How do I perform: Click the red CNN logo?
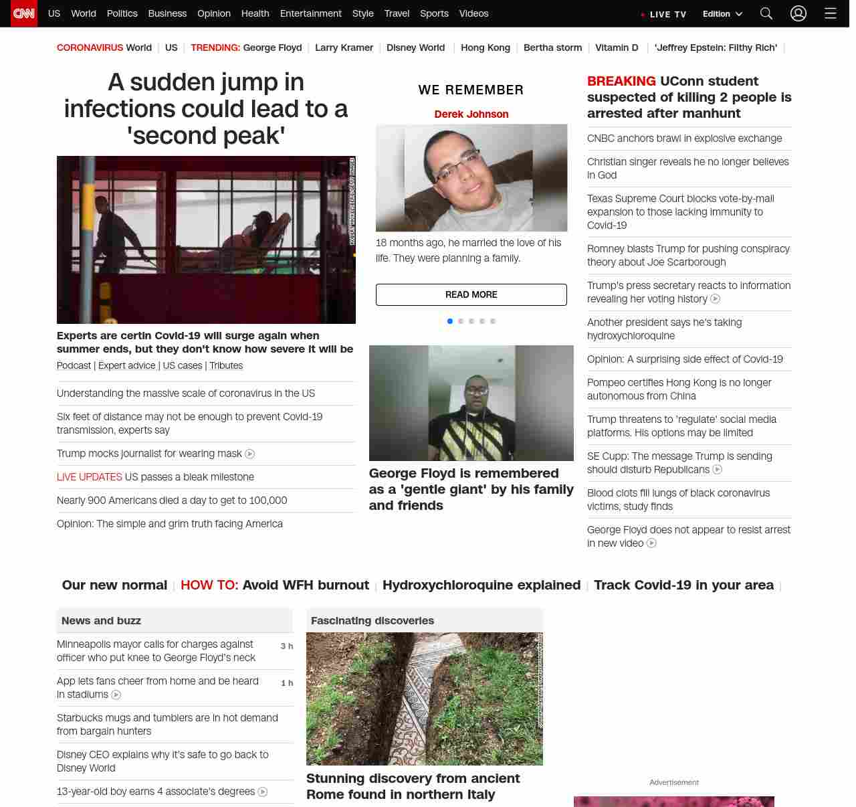pyautogui.click(x=24, y=13)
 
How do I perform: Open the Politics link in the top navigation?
pyautogui.click(x=122, y=13)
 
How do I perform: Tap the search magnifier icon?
pyautogui.click(x=766, y=13)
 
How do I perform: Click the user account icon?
pyautogui.click(x=798, y=13)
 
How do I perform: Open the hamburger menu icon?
pyautogui.click(x=831, y=13)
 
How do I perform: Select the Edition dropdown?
pyautogui.click(x=722, y=14)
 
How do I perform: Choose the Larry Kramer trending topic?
pyautogui.click(x=344, y=48)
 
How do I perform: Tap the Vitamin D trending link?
pyautogui.click(x=617, y=48)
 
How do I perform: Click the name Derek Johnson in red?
pyautogui.click(x=471, y=114)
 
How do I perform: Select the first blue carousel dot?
pyautogui.click(x=450, y=321)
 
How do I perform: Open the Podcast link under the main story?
pyautogui.click(x=74, y=365)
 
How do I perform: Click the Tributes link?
pyautogui.click(x=226, y=365)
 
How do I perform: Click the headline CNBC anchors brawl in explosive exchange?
pyautogui.click(x=684, y=139)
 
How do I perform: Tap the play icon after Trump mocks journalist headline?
pyautogui.click(x=250, y=454)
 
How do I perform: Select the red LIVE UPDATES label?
pyautogui.click(x=90, y=477)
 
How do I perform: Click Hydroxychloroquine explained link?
pyautogui.click(x=481, y=585)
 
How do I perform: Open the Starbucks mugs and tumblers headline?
pyautogui.click(x=167, y=724)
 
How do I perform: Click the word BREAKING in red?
pyautogui.click(x=621, y=81)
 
